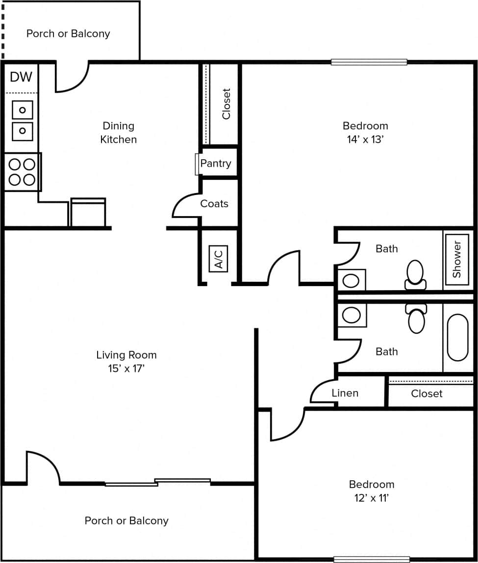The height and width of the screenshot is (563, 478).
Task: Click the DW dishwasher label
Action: point(21,77)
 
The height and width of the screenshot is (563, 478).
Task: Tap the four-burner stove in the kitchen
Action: point(22,172)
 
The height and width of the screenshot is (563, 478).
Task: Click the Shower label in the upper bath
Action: point(457,260)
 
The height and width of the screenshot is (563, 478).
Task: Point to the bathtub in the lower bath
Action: point(457,338)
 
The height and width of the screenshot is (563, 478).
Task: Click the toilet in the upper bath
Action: point(415,275)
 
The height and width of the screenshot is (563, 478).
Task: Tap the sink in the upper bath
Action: point(351,280)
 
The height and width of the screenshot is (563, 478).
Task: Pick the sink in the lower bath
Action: point(351,315)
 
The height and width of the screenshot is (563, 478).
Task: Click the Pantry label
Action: point(216,164)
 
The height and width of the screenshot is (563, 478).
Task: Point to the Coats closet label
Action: point(214,203)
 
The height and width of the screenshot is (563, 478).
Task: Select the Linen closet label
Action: point(345,393)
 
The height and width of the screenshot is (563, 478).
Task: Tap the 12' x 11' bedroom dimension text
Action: point(371,498)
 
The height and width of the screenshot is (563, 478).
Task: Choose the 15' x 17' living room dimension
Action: point(126,368)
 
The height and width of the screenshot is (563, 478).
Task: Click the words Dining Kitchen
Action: point(118,133)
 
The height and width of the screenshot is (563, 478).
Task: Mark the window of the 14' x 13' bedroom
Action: point(369,62)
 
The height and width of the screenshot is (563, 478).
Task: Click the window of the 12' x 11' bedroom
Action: point(371,559)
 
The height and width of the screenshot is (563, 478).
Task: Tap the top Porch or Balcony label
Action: point(68,34)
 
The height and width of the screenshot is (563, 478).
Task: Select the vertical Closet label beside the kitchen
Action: point(226,104)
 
